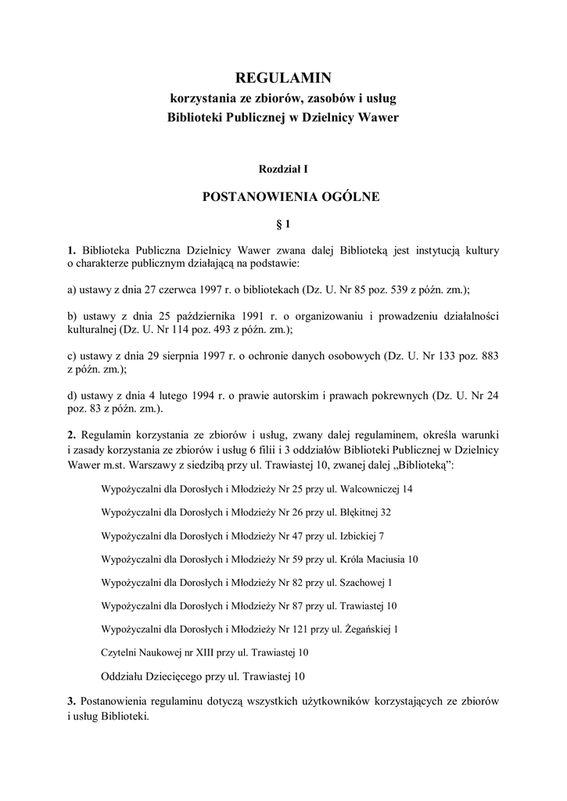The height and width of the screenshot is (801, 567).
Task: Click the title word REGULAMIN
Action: [284, 77]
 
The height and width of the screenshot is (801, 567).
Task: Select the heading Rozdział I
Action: [283, 167]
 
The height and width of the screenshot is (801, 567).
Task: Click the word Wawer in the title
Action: [378, 117]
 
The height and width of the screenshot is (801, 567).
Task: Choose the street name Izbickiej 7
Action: [363, 536]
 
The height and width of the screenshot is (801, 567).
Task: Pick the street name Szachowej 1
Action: [367, 582]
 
